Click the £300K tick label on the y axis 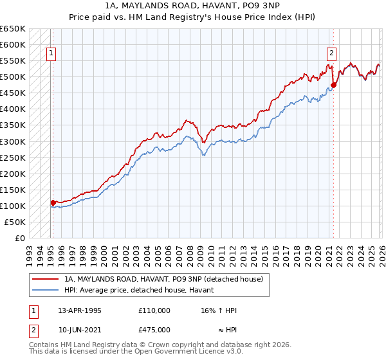(13, 141)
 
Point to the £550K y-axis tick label (13, 61)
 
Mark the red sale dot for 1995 (53, 203)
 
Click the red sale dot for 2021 (333, 85)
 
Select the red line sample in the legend (44, 280)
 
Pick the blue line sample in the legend (44, 291)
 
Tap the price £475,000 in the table (154, 330)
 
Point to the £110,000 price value (154, 310)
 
